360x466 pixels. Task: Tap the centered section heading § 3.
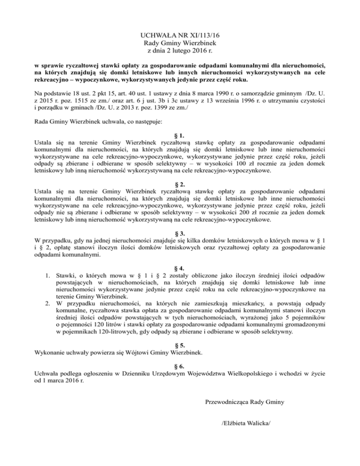pos(180,232)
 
